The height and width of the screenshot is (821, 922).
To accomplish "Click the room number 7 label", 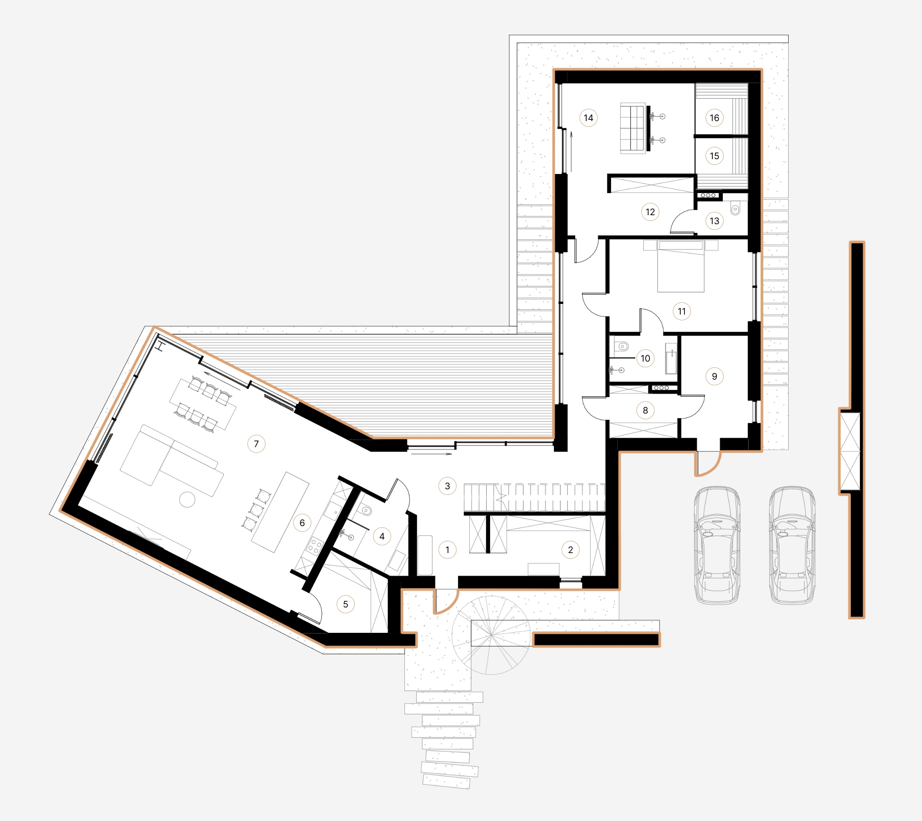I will click(x=256, y=444).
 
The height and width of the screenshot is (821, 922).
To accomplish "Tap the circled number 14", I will click(x=588, y=118).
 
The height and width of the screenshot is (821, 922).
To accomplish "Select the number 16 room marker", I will click(x=714, y=118).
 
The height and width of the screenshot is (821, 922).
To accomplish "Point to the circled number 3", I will click(x=447, y=486).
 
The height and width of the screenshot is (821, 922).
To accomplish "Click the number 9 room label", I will click(x=714, y=376).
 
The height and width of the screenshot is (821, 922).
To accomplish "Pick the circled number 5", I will click(x=346, y=604).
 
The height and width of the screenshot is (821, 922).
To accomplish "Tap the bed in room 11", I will click(x=681, y=267).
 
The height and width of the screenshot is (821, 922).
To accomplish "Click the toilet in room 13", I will click(x=735, y=209).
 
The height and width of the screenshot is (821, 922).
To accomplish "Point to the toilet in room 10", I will click(x=623, y=346).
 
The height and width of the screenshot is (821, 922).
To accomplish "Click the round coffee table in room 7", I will click(x=187, y=499).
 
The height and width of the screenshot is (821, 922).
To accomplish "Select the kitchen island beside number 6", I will click(x=280, y=512).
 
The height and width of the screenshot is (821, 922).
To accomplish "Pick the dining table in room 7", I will click(x=203, y=404).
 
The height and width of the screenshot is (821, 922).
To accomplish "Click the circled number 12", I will click(x=650, y=211).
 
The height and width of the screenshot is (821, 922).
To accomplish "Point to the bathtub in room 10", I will click(x=671, y=359).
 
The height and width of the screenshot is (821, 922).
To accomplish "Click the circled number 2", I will click(x=570, y=549).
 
